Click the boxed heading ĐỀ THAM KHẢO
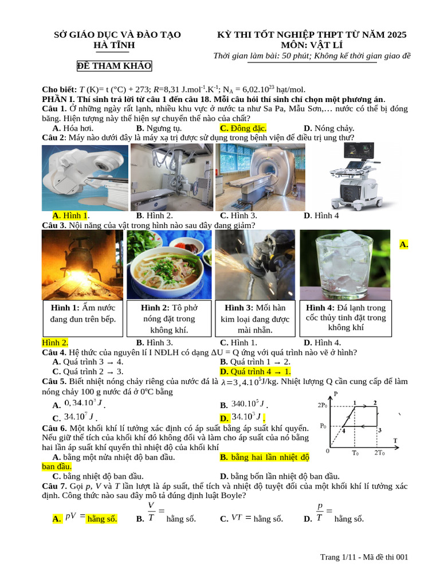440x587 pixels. coord(115,66)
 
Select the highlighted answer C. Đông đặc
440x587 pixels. coord(243,128)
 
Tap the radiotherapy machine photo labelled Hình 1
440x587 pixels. coord(85,177)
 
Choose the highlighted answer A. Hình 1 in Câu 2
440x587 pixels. coord(70,216)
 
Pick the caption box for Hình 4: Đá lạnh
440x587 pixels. coord(345,318)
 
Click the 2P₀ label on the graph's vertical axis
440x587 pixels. coord(323,405)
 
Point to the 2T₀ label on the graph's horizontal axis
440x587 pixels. coord(380,453)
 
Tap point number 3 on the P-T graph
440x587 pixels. coord(380,430)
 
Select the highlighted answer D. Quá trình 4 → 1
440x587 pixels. coord(256,371)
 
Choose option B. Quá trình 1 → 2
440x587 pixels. coord(255,362)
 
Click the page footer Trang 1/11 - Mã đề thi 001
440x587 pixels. coord(364,557)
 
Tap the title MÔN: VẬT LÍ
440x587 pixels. coord(312,45)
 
